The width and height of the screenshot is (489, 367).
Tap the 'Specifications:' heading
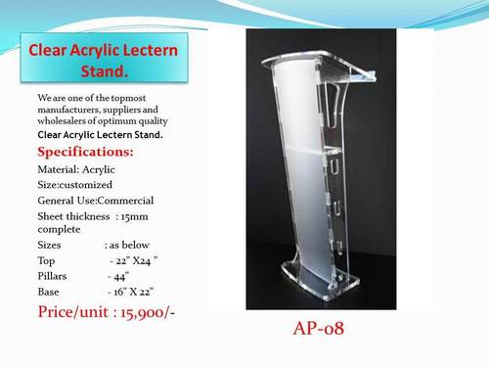pos(85,152)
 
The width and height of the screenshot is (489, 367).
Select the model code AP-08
pos(316,328)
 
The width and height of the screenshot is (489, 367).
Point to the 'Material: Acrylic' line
pos(78,168)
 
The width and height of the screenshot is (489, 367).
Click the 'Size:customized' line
pos(74,184)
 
